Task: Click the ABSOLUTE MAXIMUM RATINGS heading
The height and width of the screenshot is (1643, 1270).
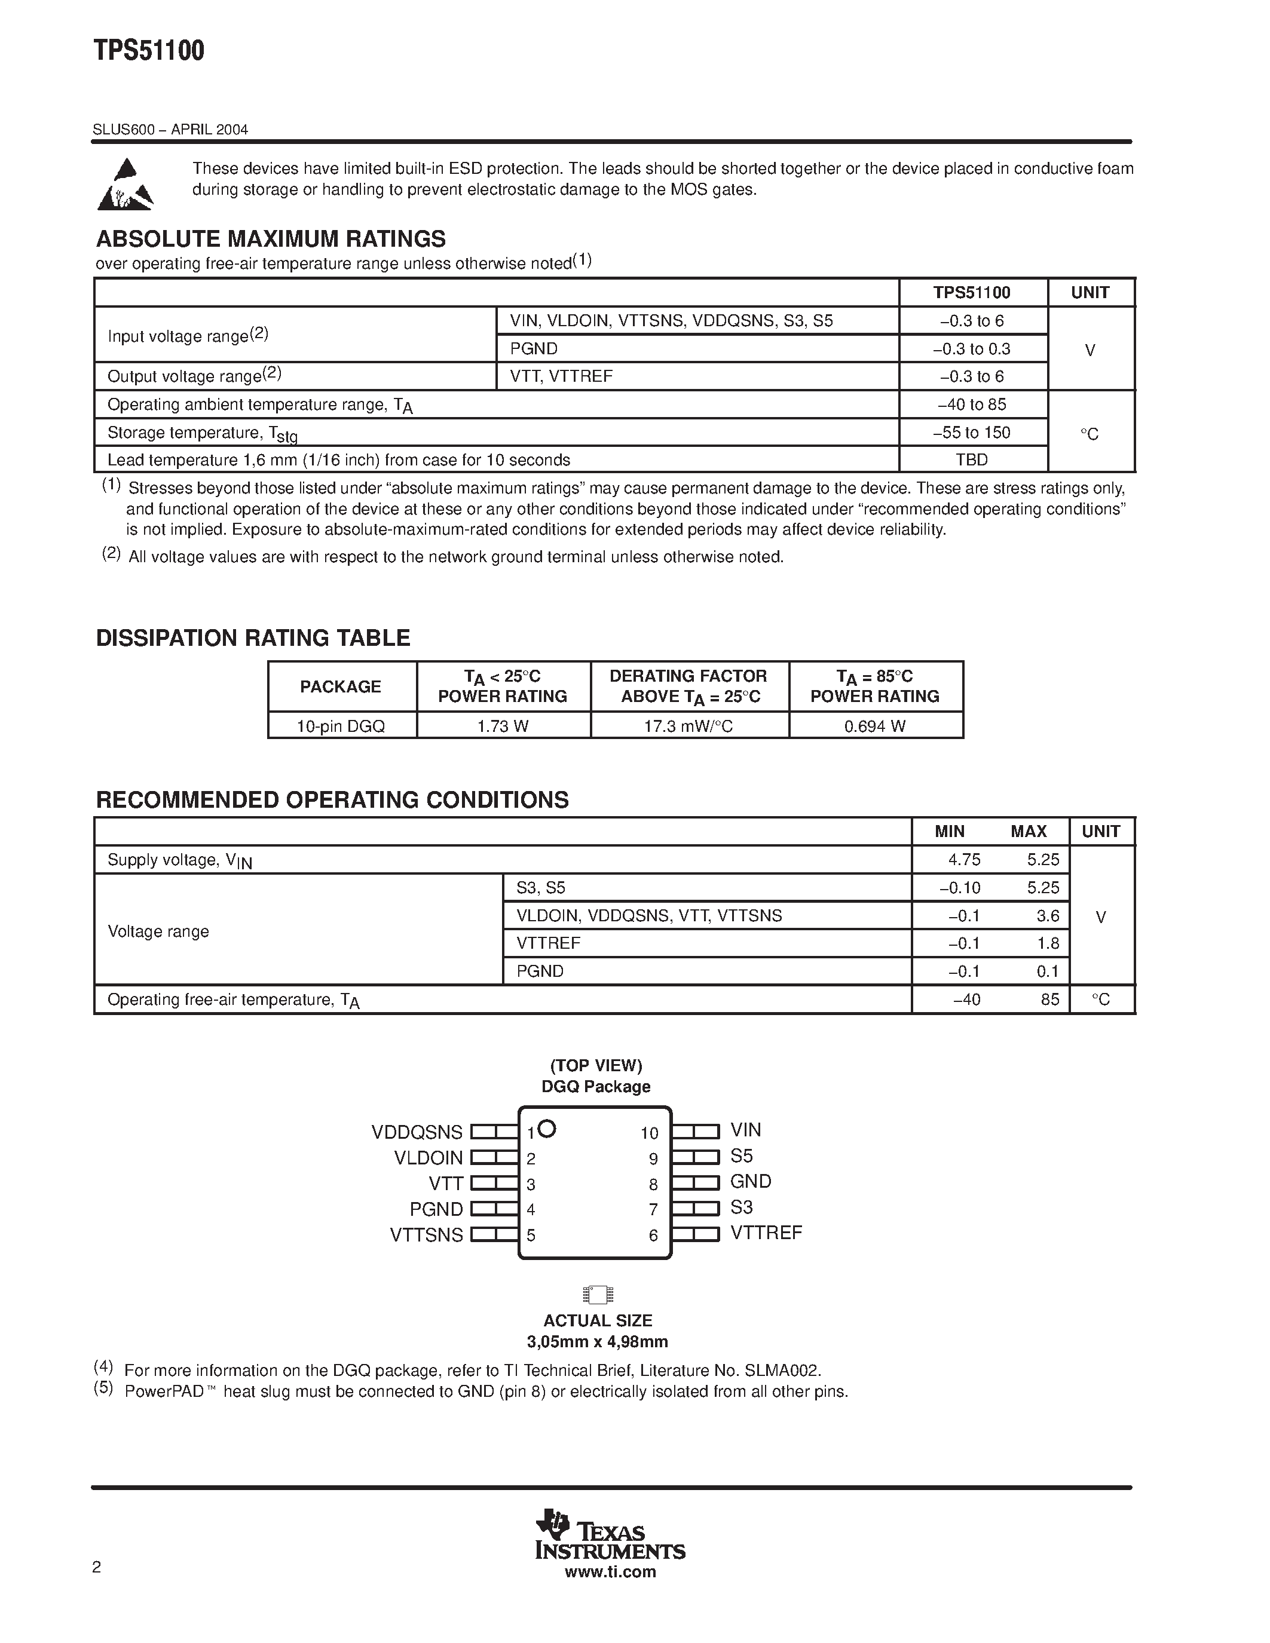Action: point(271,239)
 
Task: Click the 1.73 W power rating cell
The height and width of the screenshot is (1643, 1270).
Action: point(503,726)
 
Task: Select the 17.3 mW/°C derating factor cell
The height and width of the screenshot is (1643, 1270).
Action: point(689,726)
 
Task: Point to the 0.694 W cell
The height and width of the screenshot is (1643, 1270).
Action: point(875,726)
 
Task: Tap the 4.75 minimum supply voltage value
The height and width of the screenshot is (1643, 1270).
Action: point(965,860)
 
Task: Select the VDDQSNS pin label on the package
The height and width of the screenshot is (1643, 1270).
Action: point(417,1132)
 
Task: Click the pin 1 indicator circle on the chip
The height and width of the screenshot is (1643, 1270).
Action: point(547,1129)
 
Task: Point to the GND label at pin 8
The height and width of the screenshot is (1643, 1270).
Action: point(751,1182)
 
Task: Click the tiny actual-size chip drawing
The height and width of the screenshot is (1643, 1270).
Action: point(598,1295)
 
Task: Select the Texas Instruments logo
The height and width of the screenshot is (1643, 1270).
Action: point(610,1535)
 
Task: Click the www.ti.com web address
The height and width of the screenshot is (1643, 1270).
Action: point(610,1571)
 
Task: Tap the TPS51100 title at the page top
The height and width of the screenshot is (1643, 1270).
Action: point(149,51)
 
